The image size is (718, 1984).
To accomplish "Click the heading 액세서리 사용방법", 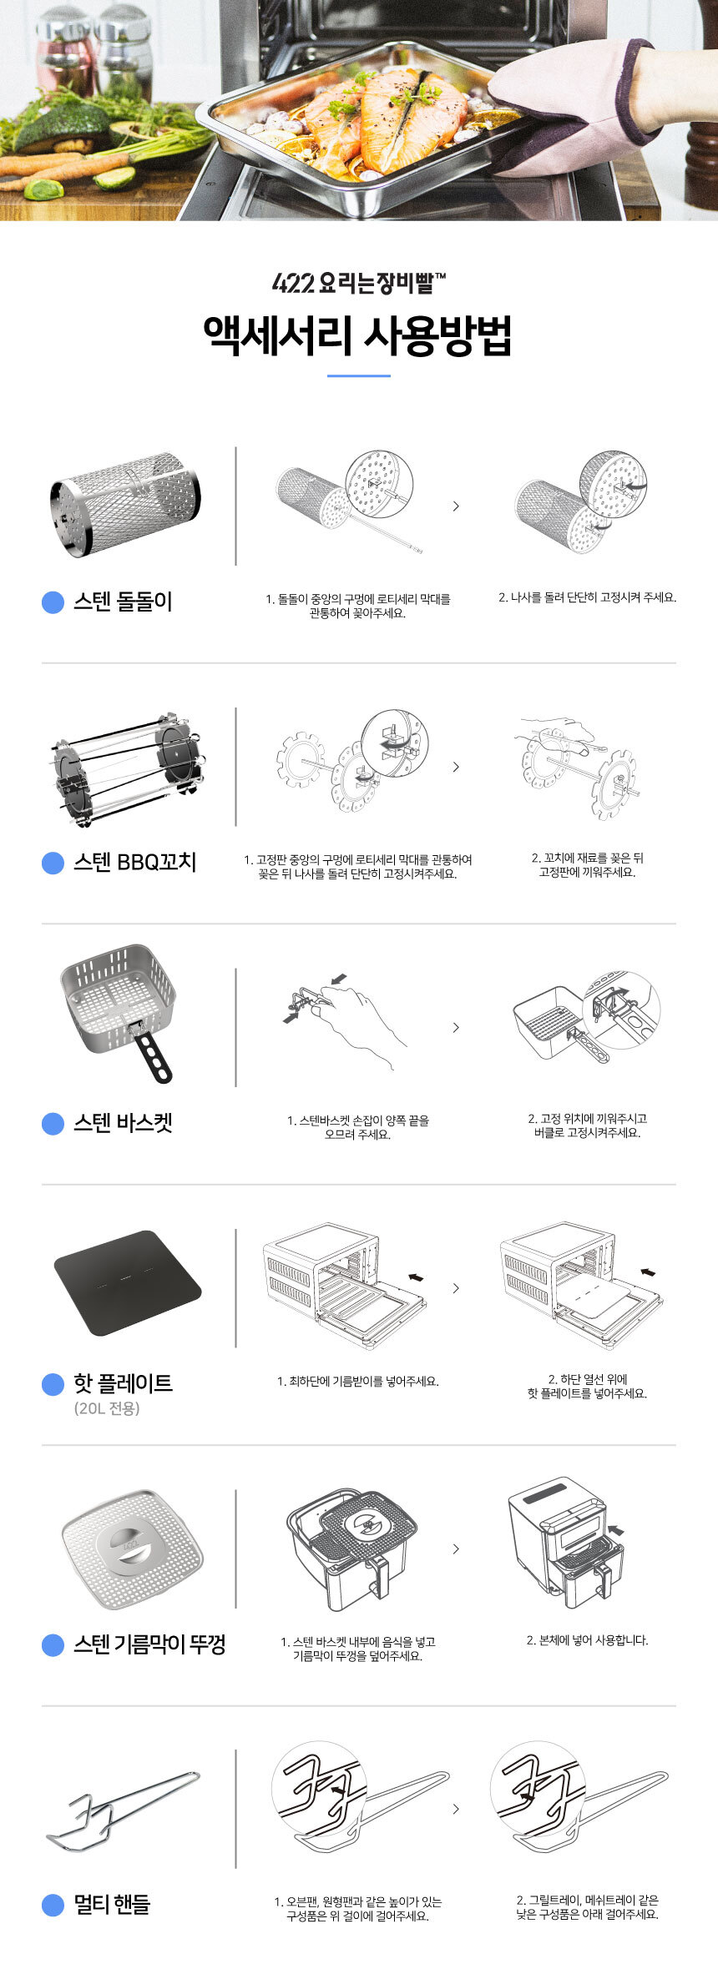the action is [x=358, y=335].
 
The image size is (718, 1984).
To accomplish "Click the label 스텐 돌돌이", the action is [x=123, y=601].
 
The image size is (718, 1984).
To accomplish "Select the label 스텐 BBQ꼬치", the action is [x=135, y=861].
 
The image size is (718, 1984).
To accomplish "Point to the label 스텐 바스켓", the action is [x=123, y=1122].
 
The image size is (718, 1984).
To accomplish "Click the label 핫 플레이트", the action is [x=123, y=1382].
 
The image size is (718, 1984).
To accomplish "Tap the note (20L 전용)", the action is [x=107, y=1408].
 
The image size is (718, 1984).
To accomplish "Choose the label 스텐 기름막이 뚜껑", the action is [x=149, y=1644].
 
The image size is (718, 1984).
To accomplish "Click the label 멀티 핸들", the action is [x=112, y=1904].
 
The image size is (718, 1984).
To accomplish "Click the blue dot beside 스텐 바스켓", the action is [x=53, y=1123].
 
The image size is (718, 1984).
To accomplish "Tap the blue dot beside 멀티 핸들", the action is [x=53, y=1905].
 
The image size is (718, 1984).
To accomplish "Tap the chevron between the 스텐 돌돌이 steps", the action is [x=456, y=506].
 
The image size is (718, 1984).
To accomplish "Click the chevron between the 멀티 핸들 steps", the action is [x=456, y=1809].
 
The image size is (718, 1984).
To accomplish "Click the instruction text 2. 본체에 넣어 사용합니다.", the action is [x=587, y=1640].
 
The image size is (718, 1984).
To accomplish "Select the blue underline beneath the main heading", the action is [x=359, y=375].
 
